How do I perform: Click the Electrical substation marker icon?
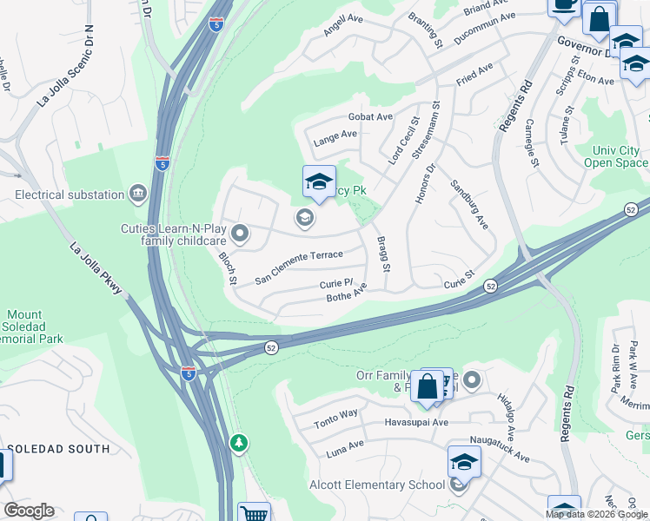137,193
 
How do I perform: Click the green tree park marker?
239,444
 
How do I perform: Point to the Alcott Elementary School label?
377,485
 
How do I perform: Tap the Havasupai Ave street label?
416,423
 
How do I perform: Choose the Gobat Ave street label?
370,116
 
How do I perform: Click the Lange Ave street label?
335,135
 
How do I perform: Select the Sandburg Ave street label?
469,204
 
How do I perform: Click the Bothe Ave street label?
347,297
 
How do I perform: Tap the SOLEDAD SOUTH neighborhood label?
59,449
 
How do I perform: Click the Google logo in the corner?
29,511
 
